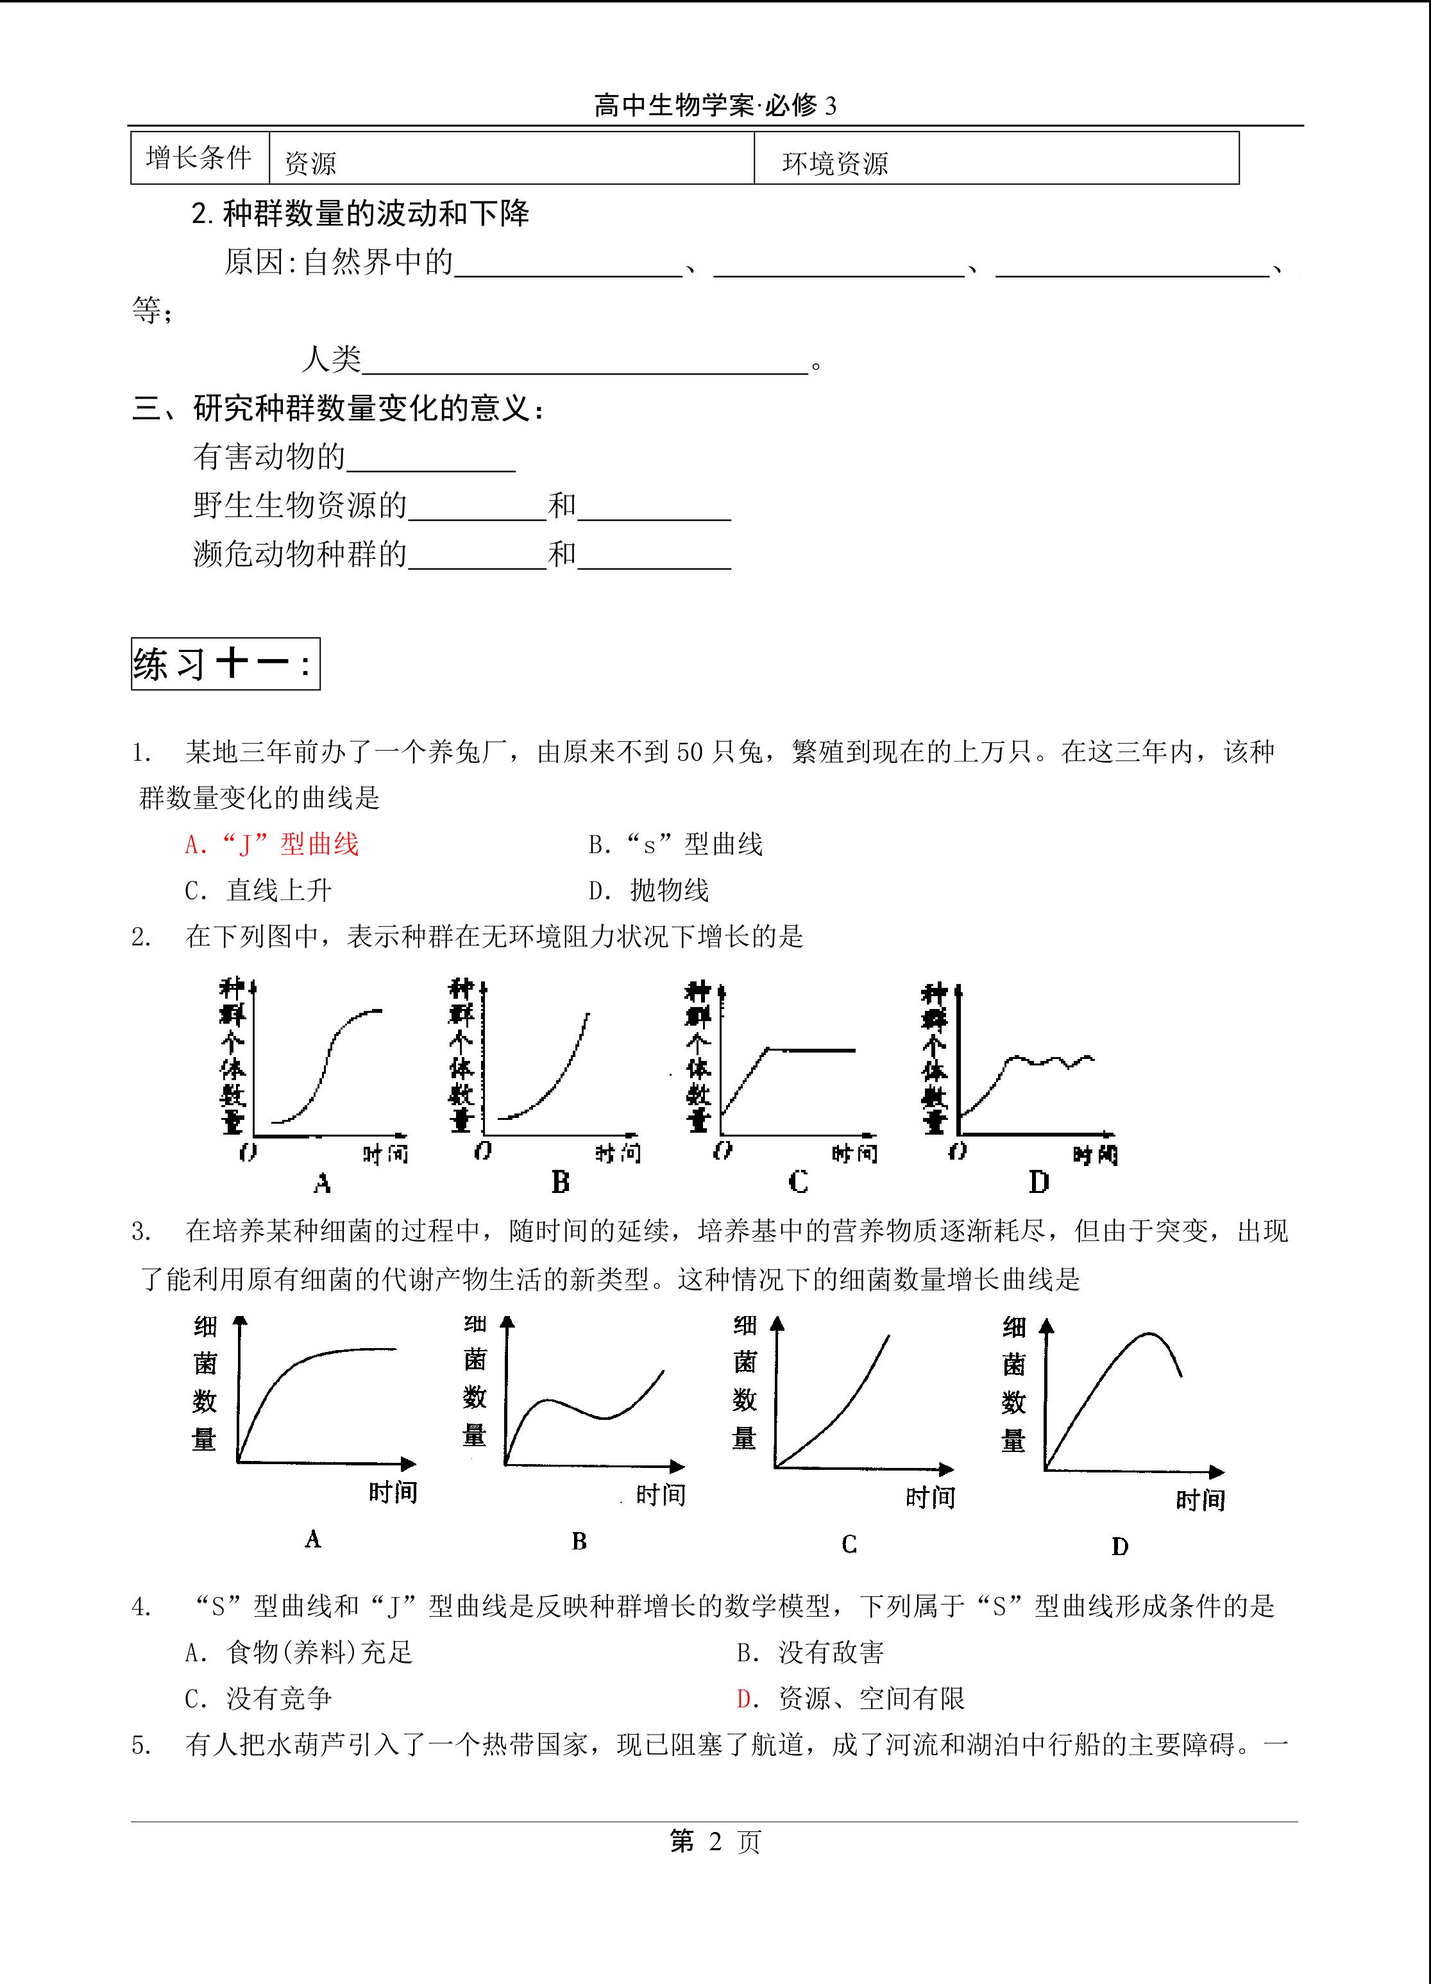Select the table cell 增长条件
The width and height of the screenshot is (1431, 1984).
click(199, 158)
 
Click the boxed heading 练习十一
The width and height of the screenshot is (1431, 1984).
click(225, 664)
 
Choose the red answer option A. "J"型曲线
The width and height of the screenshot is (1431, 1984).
click(271, 844)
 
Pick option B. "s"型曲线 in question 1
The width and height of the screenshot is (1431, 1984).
click(675, 844)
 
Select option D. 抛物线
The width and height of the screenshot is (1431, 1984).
click(648, 890)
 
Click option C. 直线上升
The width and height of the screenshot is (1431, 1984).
click(258, 890)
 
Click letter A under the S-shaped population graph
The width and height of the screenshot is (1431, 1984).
click(322, 1183)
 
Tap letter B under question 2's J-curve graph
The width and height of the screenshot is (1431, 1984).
click(560, 1183)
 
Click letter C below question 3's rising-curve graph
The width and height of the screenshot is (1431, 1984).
click(848, 1544)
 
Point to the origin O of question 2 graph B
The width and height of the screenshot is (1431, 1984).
click(483, 1151)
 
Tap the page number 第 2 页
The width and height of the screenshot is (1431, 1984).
click(715, 1842)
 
